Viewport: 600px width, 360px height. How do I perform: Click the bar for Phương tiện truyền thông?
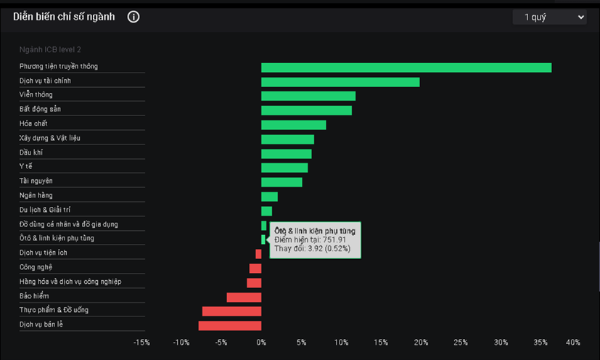click(406, 67)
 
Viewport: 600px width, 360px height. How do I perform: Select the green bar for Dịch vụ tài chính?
click(340, 82)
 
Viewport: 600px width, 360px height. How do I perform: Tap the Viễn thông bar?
click(308, 96)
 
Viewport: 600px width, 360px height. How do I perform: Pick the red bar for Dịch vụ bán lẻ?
click(230, 325)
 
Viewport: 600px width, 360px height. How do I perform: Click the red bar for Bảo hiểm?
click(244, 297)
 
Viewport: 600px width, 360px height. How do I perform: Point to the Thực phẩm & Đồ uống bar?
click(231, 311)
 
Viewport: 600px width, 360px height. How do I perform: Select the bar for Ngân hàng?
click(269, 197)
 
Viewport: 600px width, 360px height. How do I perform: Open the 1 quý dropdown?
click(549, 17)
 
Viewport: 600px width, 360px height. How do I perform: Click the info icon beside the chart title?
click(133, 17)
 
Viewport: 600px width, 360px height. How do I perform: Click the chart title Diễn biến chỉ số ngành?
click(64, 17)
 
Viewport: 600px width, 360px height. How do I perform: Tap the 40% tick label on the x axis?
click(572, 343)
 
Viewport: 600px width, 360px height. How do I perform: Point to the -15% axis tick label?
click(141, 343)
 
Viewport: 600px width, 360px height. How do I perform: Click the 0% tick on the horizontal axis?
click(261, 343)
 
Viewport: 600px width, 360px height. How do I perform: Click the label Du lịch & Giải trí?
click(45, 210)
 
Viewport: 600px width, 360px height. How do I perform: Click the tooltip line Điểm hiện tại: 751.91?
click(311, 240)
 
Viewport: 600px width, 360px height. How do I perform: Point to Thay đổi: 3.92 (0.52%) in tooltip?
click(313, 248)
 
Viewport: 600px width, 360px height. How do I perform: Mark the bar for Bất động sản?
click(306, 110)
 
